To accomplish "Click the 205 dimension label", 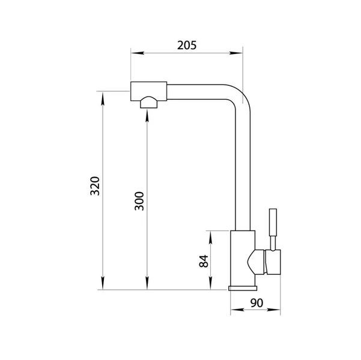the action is [x=187, y=45].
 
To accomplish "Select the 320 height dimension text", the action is [x=95, y=186].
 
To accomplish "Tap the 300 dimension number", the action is [x=139, y=201].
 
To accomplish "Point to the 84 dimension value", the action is [x=204, y=261].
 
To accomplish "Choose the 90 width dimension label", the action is [x=256, y=303].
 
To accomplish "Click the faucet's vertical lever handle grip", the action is [x=273, y=222].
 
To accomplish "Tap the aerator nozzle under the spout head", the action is [x=149, y=102].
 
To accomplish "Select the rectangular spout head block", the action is [x=149, y=91].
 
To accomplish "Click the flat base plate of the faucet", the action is [x=243, y=288].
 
